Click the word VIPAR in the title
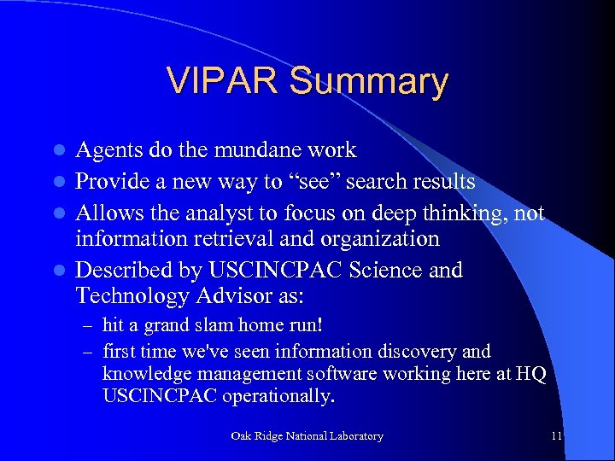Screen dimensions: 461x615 click(223, 81)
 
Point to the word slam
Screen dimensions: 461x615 click(204, 325)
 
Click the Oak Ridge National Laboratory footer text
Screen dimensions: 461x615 click(307, 436)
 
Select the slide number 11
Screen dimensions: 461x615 click(556, 436)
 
